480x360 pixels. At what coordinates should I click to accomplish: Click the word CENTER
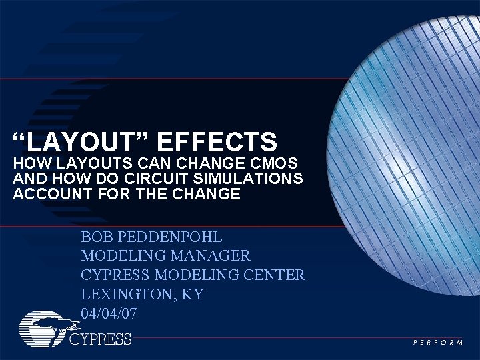(x=274, y=275)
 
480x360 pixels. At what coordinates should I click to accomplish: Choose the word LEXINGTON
(x=123, y=294)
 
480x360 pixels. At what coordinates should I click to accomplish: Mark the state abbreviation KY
(x=191, y=294)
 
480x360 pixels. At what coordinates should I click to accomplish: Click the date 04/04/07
(x=109, y=313)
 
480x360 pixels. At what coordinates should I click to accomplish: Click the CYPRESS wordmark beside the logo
(x=101, y=339)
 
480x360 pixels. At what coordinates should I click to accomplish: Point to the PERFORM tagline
(x=439, y=342)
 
